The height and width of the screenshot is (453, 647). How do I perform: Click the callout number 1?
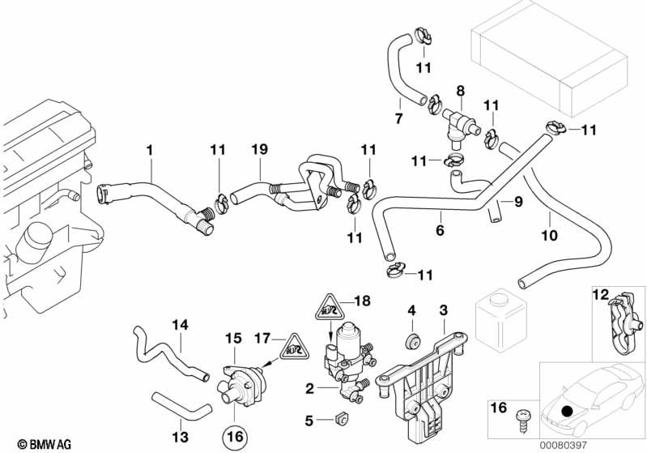(149, 150)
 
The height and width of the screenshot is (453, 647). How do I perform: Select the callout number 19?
(258, 150)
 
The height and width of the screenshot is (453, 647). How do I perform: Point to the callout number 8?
(460, 91)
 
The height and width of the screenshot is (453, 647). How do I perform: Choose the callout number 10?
(549, 236)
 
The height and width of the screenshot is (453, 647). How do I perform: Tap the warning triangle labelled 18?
(330, 308)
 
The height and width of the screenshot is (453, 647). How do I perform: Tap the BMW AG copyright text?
(31, 444)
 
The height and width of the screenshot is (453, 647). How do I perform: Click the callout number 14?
(180, 324)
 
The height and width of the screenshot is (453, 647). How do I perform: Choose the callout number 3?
(443, 310)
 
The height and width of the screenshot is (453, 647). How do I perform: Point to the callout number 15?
(233, 336)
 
